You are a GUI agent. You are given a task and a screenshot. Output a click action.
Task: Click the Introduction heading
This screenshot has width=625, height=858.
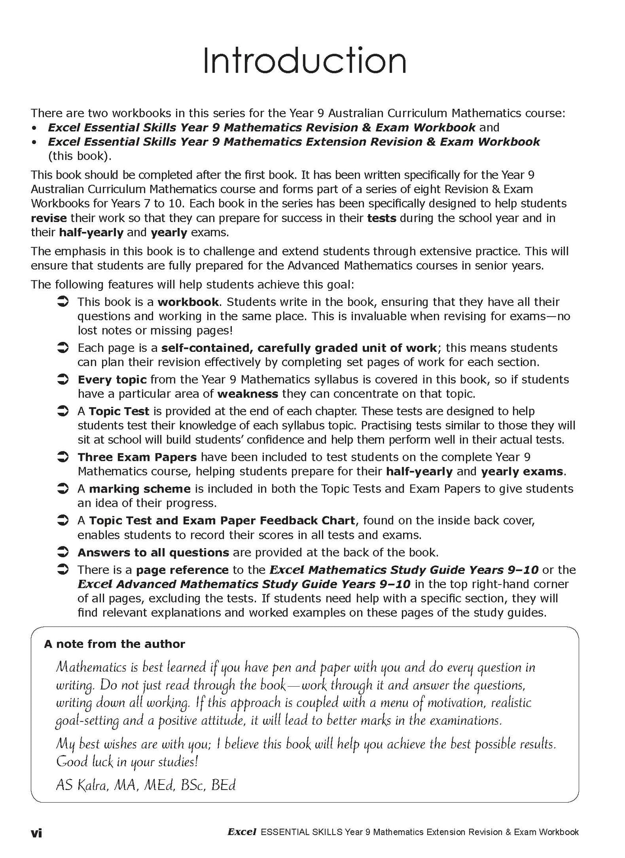tap(304, 61)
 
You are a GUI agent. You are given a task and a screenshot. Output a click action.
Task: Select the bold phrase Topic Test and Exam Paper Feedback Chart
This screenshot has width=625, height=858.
tap(222, 520)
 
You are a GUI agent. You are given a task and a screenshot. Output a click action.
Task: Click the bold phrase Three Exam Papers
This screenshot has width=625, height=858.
tap(137, 457)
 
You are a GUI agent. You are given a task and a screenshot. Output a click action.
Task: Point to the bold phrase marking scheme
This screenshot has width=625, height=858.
tap(139, 488)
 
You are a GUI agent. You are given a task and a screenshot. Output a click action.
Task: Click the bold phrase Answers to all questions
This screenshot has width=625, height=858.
tap(153, 552)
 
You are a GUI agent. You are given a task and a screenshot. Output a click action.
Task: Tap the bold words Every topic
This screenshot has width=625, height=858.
tap(112, 379)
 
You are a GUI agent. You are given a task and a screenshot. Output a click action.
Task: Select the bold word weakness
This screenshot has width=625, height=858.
tap(247, 394)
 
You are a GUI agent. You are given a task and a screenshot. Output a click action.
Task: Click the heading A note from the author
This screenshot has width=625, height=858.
tap(114, 644)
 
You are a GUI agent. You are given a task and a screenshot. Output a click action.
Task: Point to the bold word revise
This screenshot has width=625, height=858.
tap(49, 218)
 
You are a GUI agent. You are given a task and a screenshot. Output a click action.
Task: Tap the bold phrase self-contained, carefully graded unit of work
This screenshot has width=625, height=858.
tap(299, 348)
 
